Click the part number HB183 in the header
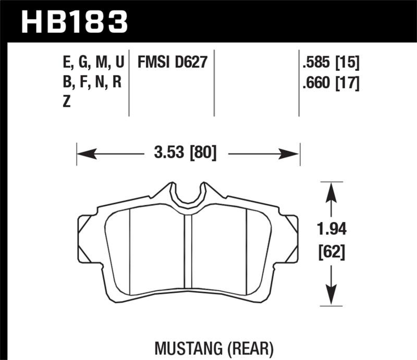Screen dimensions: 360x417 (73, 22)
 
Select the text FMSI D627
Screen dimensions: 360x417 (173, 64)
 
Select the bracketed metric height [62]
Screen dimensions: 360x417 (331, 253)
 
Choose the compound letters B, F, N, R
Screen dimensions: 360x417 (92, 83)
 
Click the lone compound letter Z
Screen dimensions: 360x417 (66, 103)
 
